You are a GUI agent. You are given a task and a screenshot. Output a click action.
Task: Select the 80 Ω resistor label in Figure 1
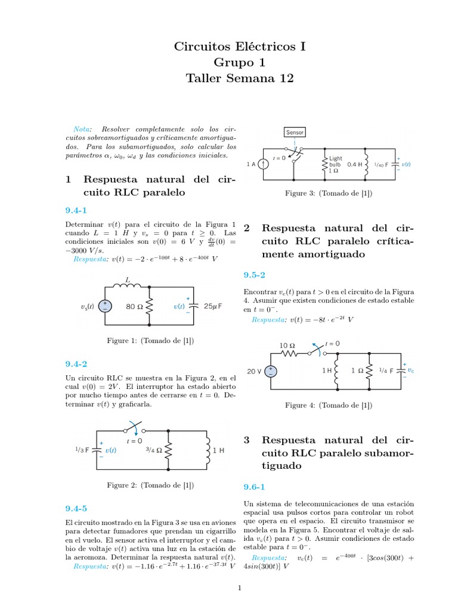(134, 307)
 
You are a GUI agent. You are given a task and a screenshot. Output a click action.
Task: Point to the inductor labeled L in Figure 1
(128, 288)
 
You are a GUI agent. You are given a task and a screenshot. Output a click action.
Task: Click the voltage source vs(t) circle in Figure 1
(105, 307)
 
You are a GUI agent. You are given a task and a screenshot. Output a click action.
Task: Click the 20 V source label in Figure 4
(255, 371)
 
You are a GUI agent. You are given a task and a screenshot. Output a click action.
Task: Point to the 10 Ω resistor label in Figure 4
(287, 346)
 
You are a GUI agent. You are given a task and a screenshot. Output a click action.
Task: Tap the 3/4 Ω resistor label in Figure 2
(154, 450)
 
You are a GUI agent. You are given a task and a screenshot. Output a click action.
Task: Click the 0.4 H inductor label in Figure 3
(355, 164)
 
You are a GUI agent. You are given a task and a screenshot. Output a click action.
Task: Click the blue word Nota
(81, 129)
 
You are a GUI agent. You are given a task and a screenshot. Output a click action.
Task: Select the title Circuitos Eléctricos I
(240, 46)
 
